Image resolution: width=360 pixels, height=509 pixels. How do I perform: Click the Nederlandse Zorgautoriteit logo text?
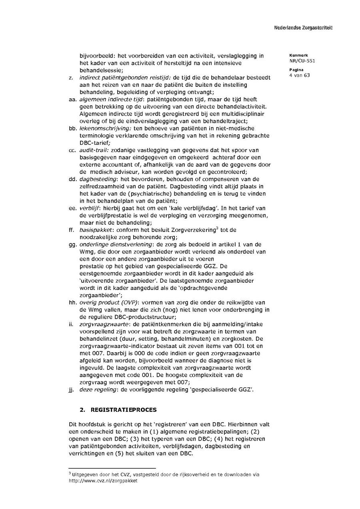[x=303, y=28]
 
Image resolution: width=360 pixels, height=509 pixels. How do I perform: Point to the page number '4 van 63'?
[x=300, y=75]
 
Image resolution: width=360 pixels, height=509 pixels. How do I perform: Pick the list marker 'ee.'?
[x=72, y=208]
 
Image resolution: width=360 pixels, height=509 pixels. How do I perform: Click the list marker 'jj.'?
[x=71, y=389]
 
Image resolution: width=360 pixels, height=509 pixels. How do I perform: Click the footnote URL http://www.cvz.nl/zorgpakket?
[x=103, y=481]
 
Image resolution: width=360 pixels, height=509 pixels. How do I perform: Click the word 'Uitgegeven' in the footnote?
[x=85, y=475]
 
